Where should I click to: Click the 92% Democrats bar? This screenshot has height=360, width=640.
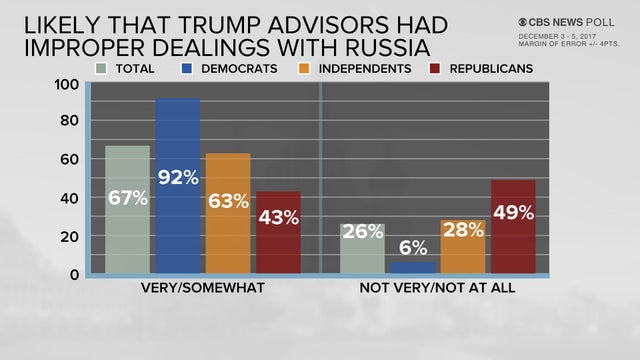coord(177,186)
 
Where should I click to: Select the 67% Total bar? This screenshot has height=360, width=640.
coord(127,210)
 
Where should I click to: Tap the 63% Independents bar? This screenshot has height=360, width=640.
coord(228,214)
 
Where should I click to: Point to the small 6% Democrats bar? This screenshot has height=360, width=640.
coord(412,267)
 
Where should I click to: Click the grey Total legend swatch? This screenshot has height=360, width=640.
coord(102,68)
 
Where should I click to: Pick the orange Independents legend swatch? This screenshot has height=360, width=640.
coord(307,68)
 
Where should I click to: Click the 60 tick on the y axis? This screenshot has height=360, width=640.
coord(68,160)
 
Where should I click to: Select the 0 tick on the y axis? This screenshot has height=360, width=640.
coord(73,274)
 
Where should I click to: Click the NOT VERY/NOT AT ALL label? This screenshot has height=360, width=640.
coord(438,289)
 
